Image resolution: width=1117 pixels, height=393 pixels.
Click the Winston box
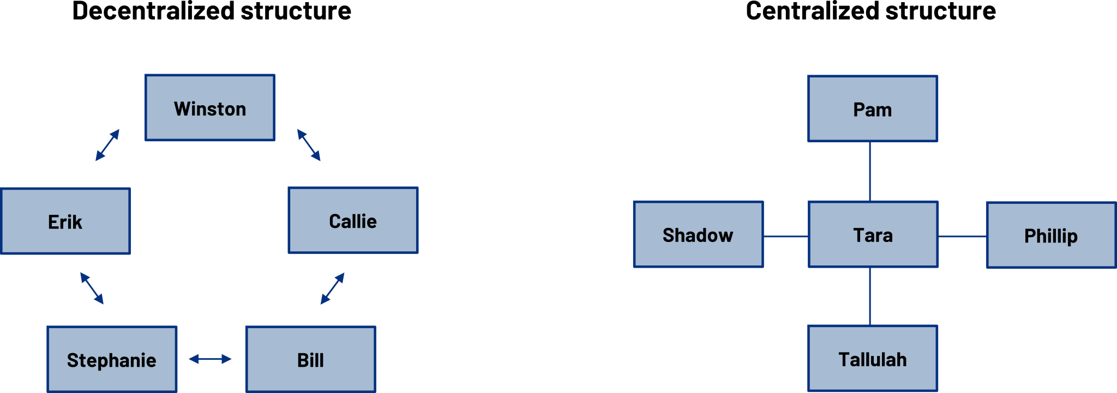tap(210, 108)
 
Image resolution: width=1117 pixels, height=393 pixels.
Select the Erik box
tap(65, 221)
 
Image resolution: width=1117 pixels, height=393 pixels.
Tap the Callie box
tap(353, 220)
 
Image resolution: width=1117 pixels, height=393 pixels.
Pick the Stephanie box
tap(112, 359)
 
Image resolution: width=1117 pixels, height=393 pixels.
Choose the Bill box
tap(311, 359)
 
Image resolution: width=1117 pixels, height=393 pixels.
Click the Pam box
tap(873, 109)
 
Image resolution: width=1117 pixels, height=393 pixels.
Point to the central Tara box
tap(873, 234)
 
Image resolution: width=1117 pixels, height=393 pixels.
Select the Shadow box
tap(698, 234)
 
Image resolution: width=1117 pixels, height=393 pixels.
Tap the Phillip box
tap(1052, 235)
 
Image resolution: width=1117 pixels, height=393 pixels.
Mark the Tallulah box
tap(873, 359)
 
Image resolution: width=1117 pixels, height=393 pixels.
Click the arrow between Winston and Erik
tap(107, 145)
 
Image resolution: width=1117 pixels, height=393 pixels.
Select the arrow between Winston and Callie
tap(309, 145)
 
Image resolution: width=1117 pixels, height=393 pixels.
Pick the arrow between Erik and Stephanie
tap(92, 288)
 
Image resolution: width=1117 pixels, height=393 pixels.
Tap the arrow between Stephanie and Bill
tap(210, 359)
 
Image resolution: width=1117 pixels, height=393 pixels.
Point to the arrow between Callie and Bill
tap(333, 288)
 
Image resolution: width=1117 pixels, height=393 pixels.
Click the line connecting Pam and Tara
tap(870, 172)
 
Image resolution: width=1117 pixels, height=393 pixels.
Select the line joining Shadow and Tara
tap(785, 237)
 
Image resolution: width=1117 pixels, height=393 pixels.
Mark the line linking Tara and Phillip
tap(962, 237)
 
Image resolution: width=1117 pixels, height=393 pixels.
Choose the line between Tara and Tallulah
tap(870, 297)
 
